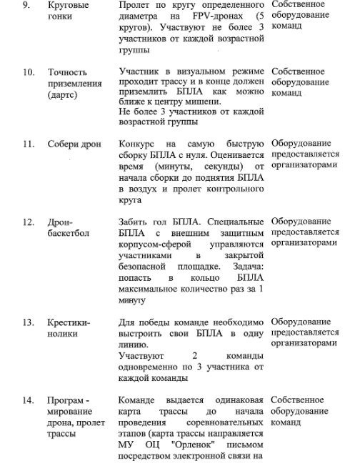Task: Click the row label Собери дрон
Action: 73,144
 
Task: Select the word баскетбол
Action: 69,233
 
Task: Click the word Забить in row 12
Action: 135,222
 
